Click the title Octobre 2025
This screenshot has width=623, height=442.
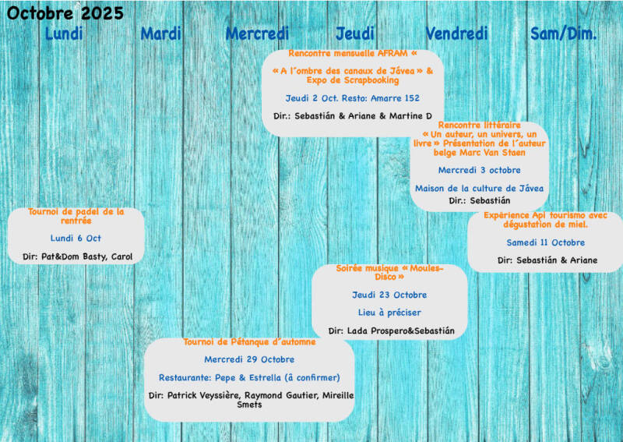(x=65, y=13)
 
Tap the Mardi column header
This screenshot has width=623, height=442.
(x=161, y=34)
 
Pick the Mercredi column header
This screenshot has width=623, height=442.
(x=257, y=34)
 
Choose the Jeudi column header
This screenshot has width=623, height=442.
(x=355, y=34)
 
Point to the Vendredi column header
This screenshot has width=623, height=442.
(x=456, y=34)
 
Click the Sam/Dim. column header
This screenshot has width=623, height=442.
(x=564, y=34)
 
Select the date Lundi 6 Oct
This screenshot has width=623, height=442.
(x=76, y=239)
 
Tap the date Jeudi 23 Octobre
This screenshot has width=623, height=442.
(x=389, y=295)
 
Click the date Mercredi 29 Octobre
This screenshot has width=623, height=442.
(x=249, y=360)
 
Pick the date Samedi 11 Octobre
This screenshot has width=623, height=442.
(x=545, y=242)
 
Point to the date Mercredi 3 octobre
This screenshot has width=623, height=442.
(x=479, y=170)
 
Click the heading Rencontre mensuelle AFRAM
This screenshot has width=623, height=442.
(x=352, y=54)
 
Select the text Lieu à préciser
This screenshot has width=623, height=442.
(x=389, y=313)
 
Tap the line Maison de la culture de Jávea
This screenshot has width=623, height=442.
(x=479, y=188)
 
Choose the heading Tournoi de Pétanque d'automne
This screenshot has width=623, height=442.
(x=249, y=342)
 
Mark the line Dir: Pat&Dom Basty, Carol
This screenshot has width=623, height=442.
(x=76, y=256)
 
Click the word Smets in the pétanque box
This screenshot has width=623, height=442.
(x=249, y=405)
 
